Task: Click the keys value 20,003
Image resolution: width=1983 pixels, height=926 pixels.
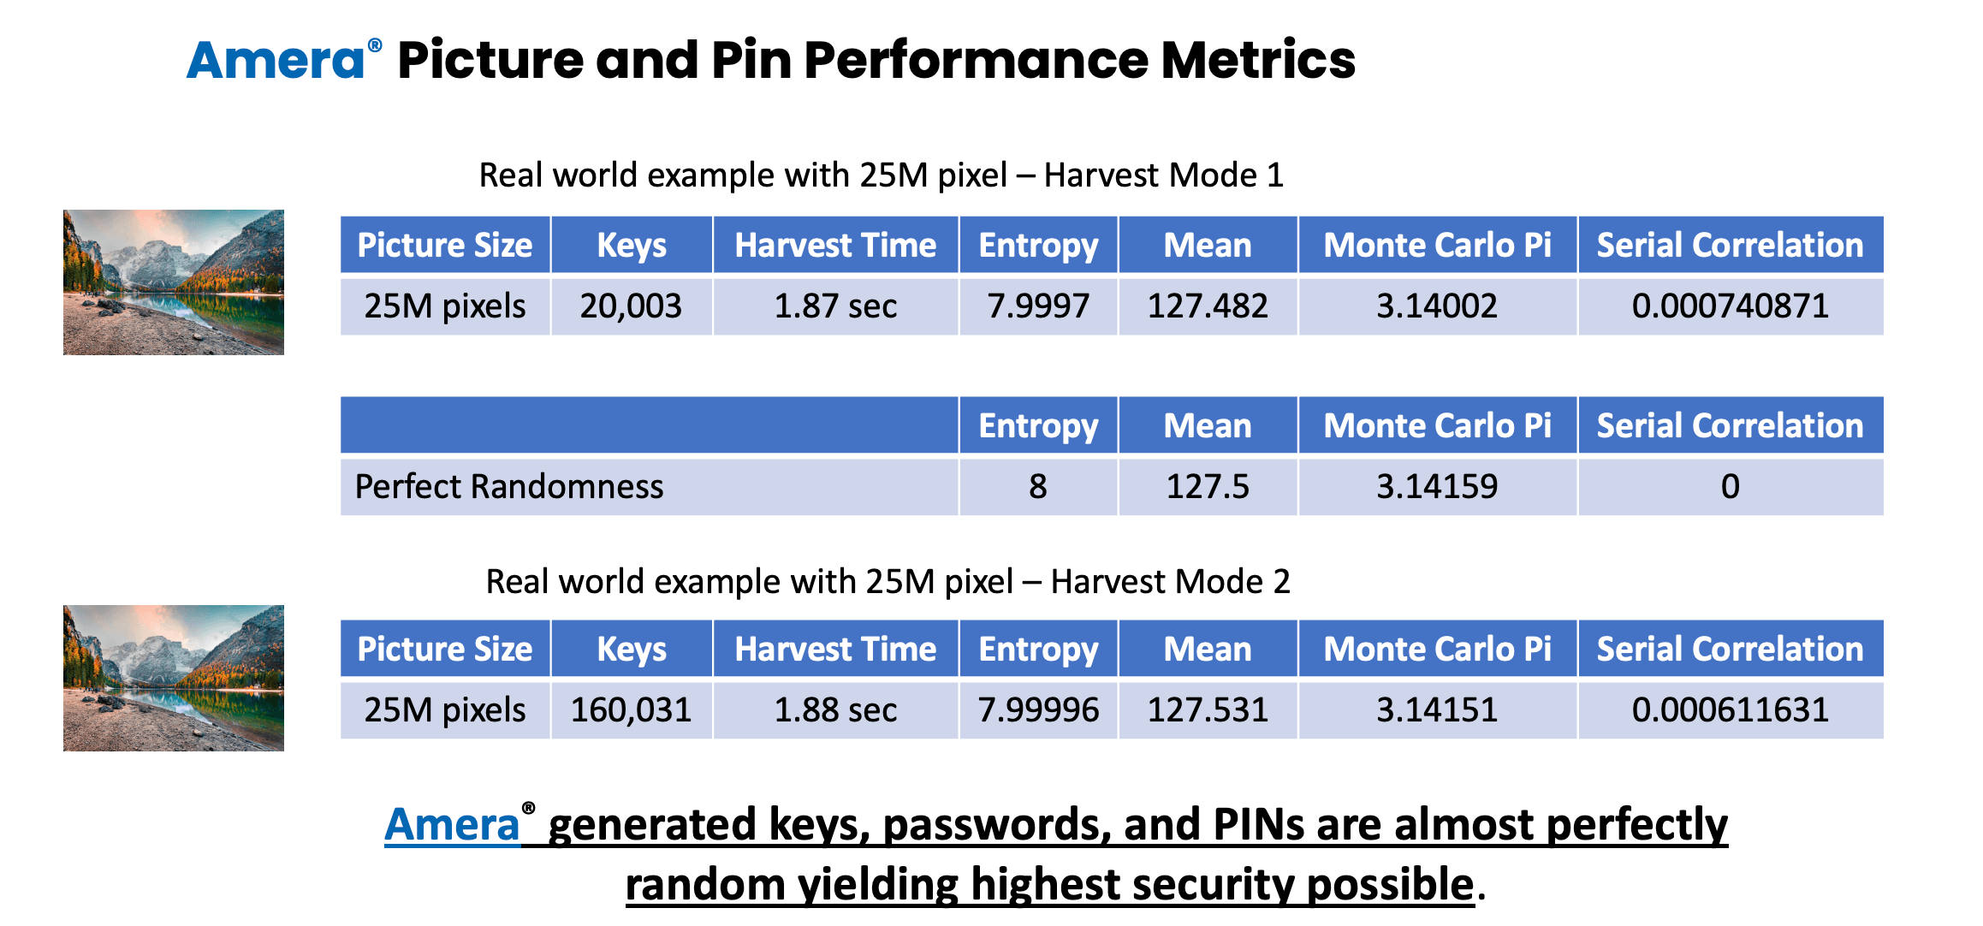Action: tap(631, 306)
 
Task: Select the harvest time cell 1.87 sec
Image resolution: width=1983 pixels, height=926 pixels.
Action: tap(835, 306)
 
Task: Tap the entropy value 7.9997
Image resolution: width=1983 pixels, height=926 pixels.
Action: tap(1038, 306)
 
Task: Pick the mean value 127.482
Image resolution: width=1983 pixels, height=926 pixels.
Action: tap(1208, 306)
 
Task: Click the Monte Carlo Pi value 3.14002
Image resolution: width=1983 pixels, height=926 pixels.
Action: tap(1437, 306)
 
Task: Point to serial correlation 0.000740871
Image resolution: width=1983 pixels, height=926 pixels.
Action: tap(1730, 306)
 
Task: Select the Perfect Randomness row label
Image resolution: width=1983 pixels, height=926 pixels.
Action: tap(509, 486)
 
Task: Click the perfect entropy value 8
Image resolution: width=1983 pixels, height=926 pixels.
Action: tap(1038, 486)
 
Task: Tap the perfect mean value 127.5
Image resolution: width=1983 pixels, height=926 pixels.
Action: tap(1208, 486)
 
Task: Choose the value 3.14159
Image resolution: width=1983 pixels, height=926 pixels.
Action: tap(1437, 486)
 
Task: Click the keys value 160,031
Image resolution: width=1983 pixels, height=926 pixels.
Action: tap(631, 709)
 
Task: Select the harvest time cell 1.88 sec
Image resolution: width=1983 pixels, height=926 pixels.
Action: tap(835, 709)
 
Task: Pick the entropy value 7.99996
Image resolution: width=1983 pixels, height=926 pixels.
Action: tap(1038, 709)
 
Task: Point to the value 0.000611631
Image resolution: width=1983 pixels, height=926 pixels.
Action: tap(1730, 709)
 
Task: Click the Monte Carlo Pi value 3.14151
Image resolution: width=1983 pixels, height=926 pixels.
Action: tap(1437, 709)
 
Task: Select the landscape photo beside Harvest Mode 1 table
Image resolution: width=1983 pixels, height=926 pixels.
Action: tap(174, 282)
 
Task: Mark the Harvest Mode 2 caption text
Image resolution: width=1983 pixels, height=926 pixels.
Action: tap(888, 581)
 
